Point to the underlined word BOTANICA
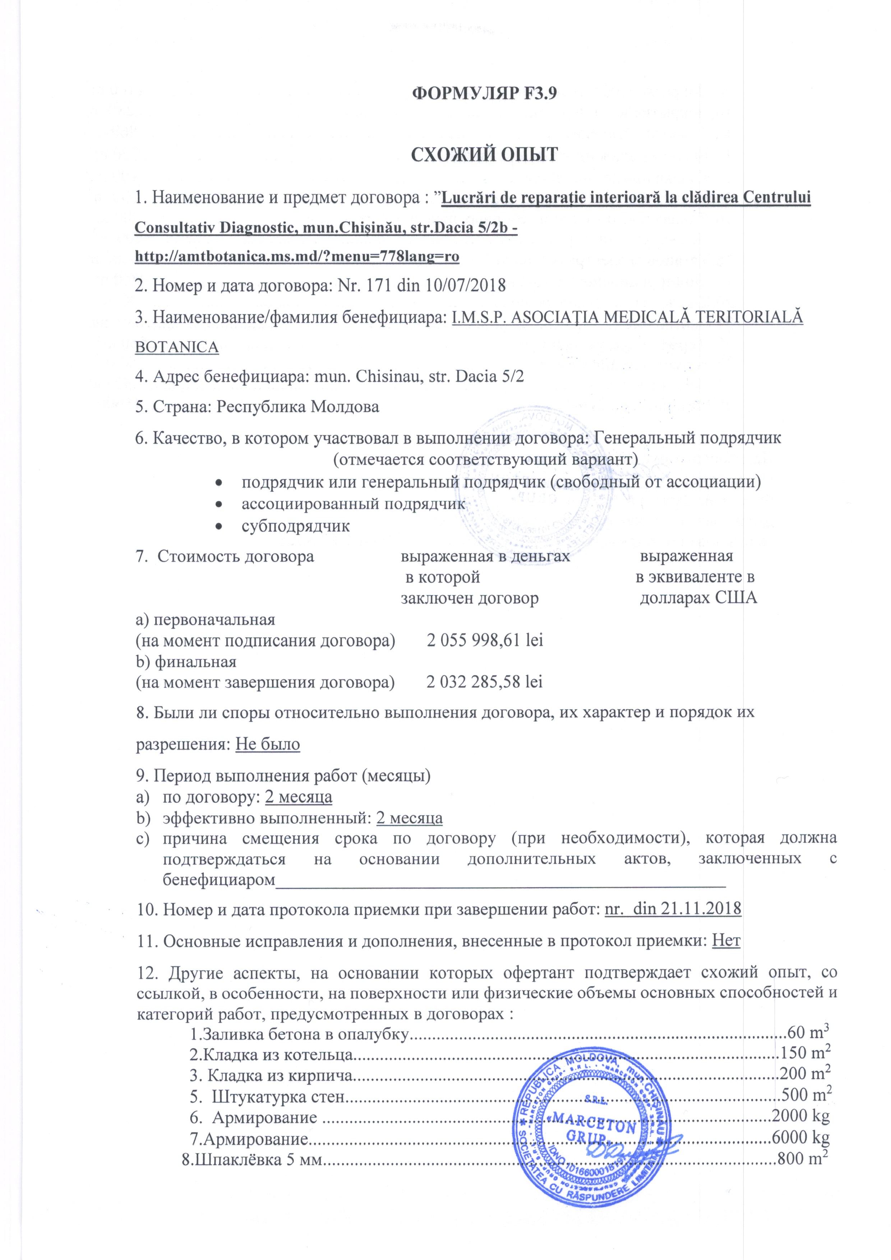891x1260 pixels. point(177,347)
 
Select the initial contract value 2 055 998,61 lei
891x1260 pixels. point(485,640)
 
